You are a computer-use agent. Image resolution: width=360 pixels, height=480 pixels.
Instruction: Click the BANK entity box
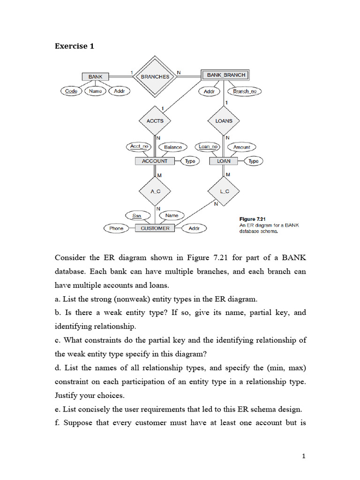[95, 76]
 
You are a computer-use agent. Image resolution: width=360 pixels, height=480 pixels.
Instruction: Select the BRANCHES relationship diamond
[155, 76]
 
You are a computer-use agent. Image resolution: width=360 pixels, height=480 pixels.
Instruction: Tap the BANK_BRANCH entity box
[224, 75]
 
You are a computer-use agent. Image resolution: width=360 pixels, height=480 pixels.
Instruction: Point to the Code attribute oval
[71, 91]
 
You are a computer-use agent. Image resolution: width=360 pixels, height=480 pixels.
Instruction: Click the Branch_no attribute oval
[245, 91]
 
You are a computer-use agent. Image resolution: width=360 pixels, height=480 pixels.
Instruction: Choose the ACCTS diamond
[155, 120]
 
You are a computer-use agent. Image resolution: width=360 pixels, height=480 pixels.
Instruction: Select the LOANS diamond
[224, 120]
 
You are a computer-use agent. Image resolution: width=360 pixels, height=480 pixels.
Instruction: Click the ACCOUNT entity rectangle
[155, 161]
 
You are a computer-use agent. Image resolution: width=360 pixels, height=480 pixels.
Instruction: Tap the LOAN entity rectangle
[224, 161]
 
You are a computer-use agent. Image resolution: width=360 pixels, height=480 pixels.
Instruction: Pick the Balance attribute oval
[173, 147]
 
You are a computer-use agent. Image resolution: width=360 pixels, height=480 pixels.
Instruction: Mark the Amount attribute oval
[242, 147]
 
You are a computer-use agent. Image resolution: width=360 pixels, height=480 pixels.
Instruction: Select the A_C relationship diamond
[155, 192]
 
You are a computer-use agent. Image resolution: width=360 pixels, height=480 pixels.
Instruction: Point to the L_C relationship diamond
[224, 192]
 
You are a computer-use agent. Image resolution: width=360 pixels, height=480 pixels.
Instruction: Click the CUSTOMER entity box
[155, 228]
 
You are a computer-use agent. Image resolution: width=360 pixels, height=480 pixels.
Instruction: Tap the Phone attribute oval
[116, 228]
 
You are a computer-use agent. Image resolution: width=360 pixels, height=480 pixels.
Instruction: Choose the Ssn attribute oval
[137, 216]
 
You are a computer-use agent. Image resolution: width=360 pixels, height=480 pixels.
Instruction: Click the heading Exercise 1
[71, 46]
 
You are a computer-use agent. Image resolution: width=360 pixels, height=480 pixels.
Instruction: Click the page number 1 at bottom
[304, 456]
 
